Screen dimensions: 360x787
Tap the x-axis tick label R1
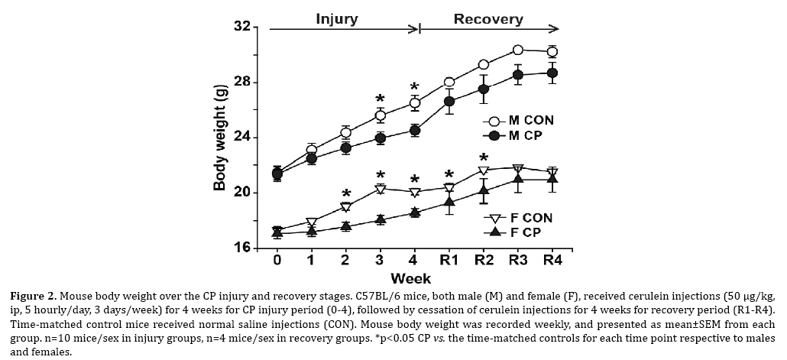tap(449, 261)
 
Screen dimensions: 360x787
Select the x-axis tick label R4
tap(552, 261)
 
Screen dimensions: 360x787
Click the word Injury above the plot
tap(337, 19)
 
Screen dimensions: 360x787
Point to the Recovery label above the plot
tap(489, 19)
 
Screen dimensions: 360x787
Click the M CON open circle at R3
tap(518, 50)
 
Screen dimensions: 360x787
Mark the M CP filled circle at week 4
tap(415, 130)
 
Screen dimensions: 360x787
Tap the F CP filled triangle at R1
tap(449, 202)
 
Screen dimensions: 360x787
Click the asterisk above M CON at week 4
tap(415, 86)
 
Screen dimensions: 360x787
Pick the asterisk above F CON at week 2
tap(346, 193)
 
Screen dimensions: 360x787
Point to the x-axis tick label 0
tap(277, 261)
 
